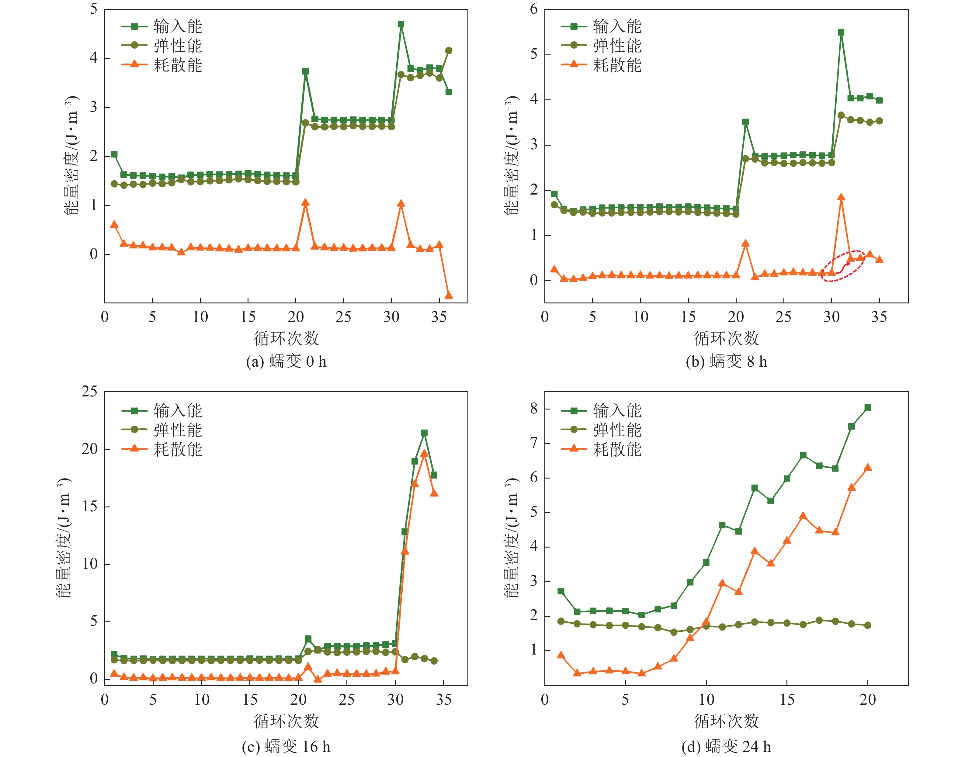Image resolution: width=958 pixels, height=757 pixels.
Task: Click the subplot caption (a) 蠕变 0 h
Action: pyautogui.click(x=286, y=362)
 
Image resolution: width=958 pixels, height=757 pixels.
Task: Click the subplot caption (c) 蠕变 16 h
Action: pyautogui.click(x=286, y=746)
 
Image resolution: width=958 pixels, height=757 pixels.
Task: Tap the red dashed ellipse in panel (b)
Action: pyautogui.click(x=842, y=266)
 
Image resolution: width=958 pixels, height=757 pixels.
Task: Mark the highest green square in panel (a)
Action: pyautogui.click(x=401, y=24)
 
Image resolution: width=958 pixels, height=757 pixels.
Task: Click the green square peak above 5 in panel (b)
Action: pyautogui.click(x=841, y=32)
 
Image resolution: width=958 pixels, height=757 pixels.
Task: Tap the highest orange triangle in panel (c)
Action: pyautogui.click(x=424, y=453)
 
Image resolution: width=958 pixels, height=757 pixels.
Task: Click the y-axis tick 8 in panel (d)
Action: pyautogui.click(x=534, y=409)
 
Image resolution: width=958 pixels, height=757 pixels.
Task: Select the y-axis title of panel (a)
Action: pyautogui.click(x=71, y=155)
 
